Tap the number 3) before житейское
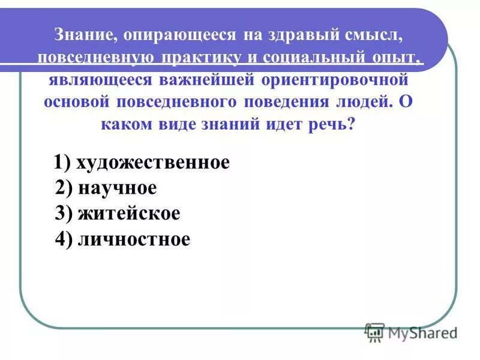(64, 214)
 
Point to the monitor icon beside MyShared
(374, 332)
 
